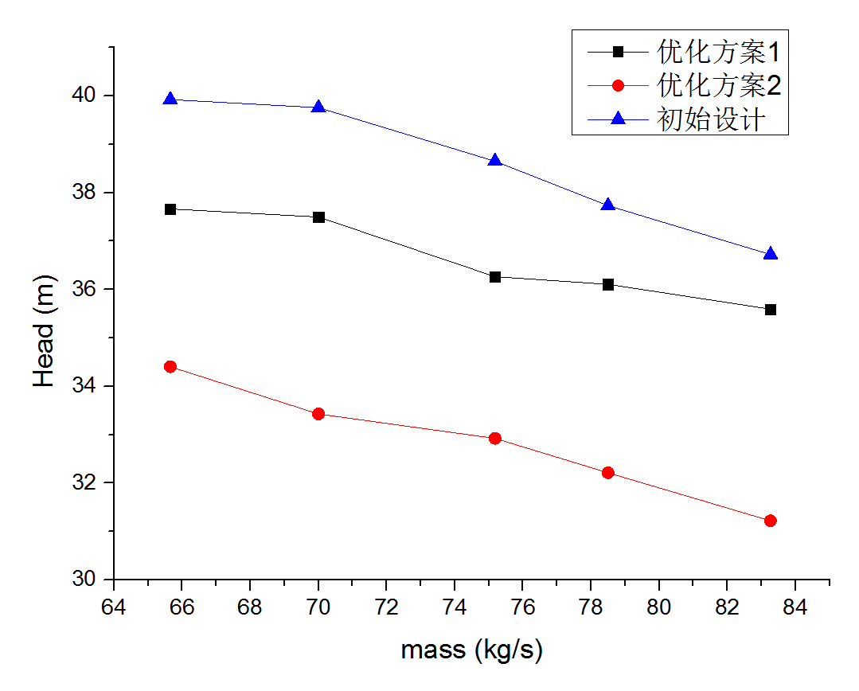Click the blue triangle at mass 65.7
click(170, 100)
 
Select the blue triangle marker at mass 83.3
click(770, 254)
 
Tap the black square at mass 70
click(318, 217)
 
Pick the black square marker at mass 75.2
click(495, 277)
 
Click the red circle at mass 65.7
click(170, 367)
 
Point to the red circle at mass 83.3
click(770, 521)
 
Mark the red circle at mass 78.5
click(608, 473)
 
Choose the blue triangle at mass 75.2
click(495, 161)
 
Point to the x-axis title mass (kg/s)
click(471, 650)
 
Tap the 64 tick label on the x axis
click(114, 606)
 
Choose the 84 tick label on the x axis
click(795, 606)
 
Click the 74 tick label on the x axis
click(455, 606)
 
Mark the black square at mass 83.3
click(770, 310)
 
